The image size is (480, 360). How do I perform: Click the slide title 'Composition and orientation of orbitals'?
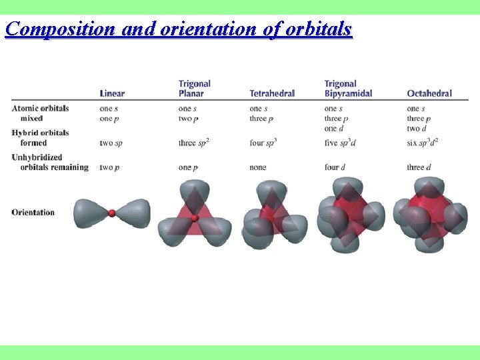click(x=178, y=29)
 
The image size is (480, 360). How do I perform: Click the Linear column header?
click(x=112, y=93)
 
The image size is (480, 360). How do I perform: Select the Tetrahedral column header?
click(x=272, y=93)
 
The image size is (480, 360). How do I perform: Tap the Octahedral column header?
click(x=429, y=93)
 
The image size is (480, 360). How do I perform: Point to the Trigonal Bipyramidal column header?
click(x=348, y=89)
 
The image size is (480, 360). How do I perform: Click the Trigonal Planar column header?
click(x=195, y=89)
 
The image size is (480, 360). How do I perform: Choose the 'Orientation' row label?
click(x=33, y=212)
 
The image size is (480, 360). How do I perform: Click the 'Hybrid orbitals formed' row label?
click(x=40, y=137)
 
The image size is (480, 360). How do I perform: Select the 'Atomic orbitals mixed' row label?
click(x=40, y=113)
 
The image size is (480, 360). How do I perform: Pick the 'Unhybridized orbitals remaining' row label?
click(x=50, y=162)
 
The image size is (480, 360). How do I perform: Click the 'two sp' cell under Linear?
click(x=111, y=143)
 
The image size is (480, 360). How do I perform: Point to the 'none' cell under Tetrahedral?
click(x=258, y=167)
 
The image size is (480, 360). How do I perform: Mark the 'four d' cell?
click(x=336, y=167)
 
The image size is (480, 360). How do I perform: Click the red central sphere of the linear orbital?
click(x=112, y=213)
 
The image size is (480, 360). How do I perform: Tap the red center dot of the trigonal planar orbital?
click(x=195, y=218)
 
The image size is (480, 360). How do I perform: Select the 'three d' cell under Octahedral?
click(x=420, y=167)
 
